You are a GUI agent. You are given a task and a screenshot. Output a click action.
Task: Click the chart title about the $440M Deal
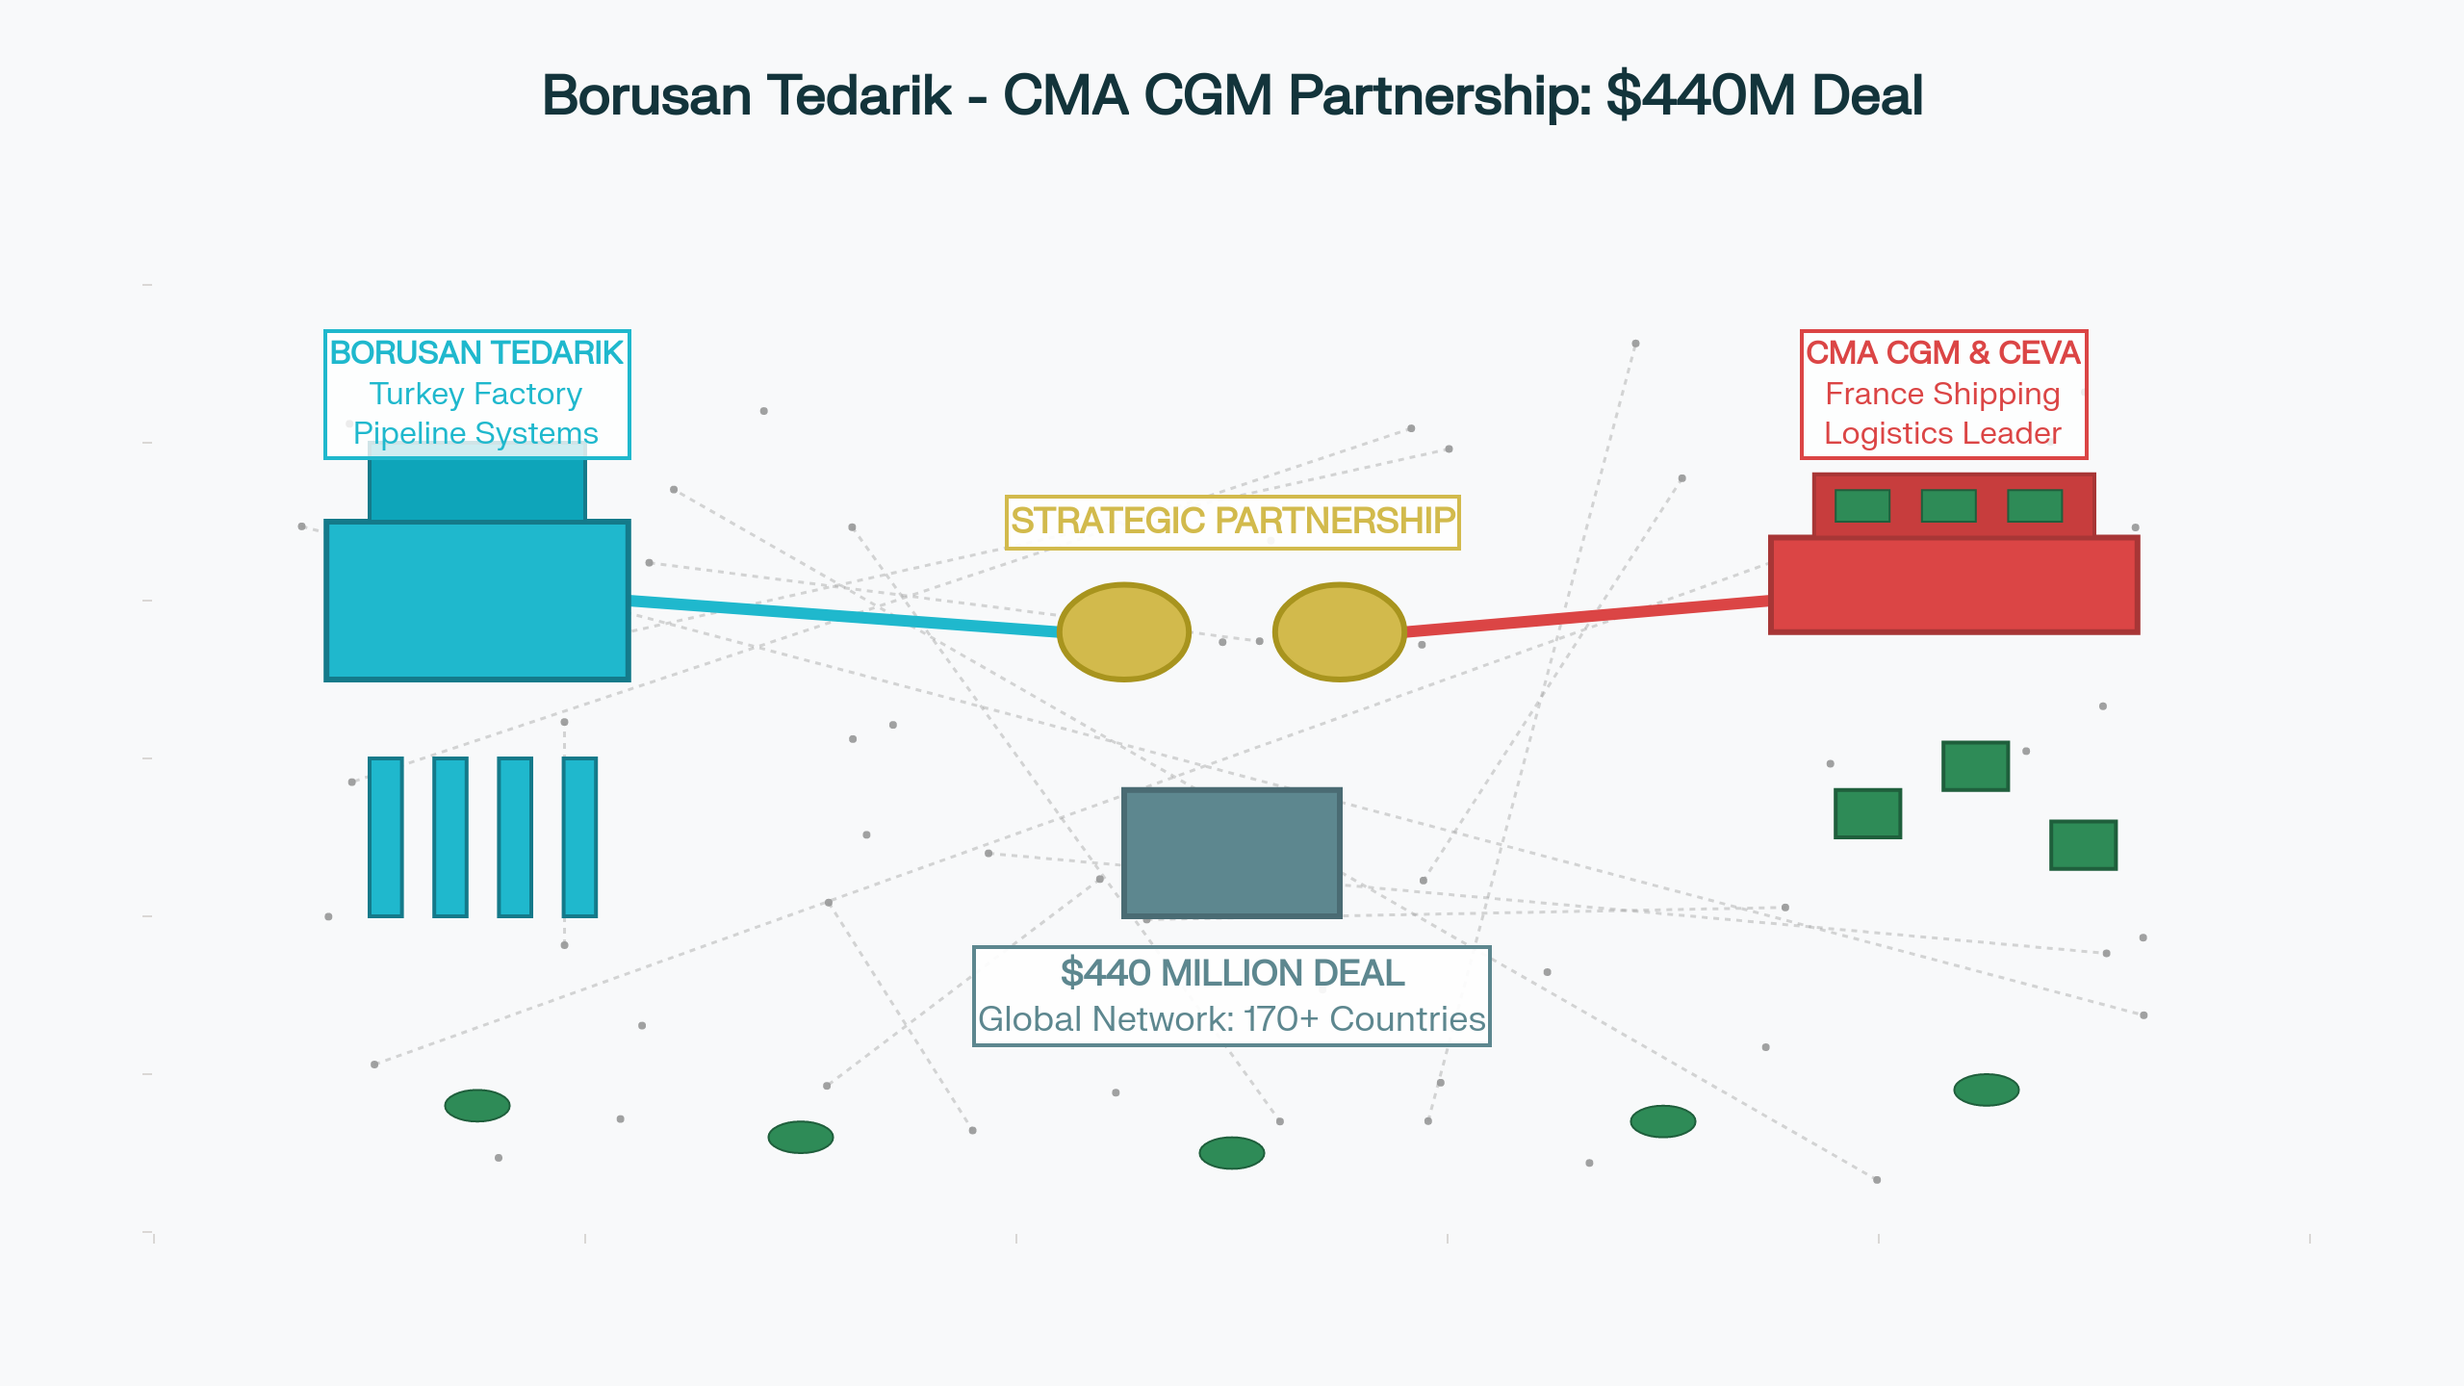1232,95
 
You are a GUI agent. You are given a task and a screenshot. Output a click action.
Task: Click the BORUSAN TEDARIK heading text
476,353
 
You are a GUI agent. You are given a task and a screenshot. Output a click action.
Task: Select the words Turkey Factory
476,394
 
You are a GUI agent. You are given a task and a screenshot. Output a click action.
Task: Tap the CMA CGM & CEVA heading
1942,353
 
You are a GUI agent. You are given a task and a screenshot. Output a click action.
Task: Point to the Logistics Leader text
1942,433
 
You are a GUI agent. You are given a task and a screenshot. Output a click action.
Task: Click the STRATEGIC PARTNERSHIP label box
1232,521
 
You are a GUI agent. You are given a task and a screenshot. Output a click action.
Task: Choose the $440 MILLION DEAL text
1232,973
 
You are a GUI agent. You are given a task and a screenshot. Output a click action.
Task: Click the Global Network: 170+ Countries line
1232,1019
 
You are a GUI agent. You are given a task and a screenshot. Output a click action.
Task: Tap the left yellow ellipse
1123,631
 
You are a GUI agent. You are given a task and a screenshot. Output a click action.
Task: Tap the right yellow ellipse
1339,631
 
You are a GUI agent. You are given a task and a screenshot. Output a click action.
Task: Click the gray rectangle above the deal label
1231,853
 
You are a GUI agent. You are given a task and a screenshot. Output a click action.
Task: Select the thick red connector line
1588,616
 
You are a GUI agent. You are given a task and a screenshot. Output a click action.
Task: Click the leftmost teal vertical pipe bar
385,836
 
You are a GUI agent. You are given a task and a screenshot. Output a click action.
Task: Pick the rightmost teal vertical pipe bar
579,836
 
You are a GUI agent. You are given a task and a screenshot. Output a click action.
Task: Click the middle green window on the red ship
1948,505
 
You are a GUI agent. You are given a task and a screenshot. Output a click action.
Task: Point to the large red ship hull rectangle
1954,585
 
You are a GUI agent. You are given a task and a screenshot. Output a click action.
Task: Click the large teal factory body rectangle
476,601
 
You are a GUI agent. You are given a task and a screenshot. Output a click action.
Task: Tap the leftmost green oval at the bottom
476,1105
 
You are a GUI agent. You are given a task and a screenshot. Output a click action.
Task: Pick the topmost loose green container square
1975,766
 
